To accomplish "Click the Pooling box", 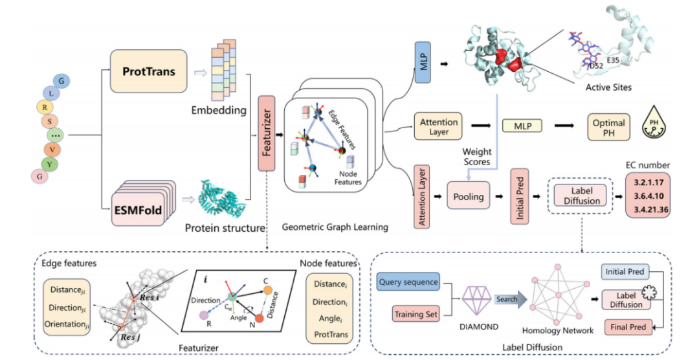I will pyautogui.click(x=469, y=196).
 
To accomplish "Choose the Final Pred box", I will pyautogui.click(x=628, y=327).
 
